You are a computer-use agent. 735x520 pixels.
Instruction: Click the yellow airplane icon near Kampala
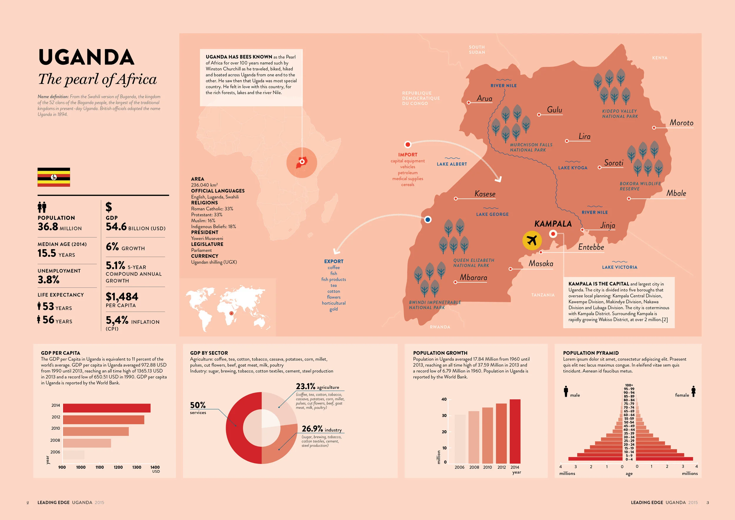[532, 240]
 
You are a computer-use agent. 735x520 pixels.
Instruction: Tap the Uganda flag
[54, 177]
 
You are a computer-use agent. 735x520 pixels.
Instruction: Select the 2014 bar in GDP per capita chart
[107, 408]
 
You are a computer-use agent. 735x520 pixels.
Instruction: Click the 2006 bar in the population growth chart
[460, 439]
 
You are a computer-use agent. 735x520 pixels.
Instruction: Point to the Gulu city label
[554, 109]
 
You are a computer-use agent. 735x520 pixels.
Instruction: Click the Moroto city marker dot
[654, 128]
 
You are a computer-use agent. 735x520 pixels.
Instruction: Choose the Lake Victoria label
[619, 267]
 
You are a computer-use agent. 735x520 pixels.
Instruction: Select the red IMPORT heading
[407, 155]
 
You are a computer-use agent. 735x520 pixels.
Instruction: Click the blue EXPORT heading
[334, 261]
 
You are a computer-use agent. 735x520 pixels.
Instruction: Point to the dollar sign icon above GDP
[109, 207]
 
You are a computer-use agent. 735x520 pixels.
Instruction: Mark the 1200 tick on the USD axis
[118, 467]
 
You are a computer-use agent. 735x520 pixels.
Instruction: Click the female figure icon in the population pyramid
[693, 391]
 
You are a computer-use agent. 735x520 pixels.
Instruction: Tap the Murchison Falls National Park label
[531, 147]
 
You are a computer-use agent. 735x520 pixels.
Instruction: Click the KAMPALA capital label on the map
[553, 224]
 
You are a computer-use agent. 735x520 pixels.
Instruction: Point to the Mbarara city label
[473, 277]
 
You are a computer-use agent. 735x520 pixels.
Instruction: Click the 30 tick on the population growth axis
[444, 416]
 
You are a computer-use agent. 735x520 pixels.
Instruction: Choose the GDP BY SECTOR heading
[209, 353]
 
